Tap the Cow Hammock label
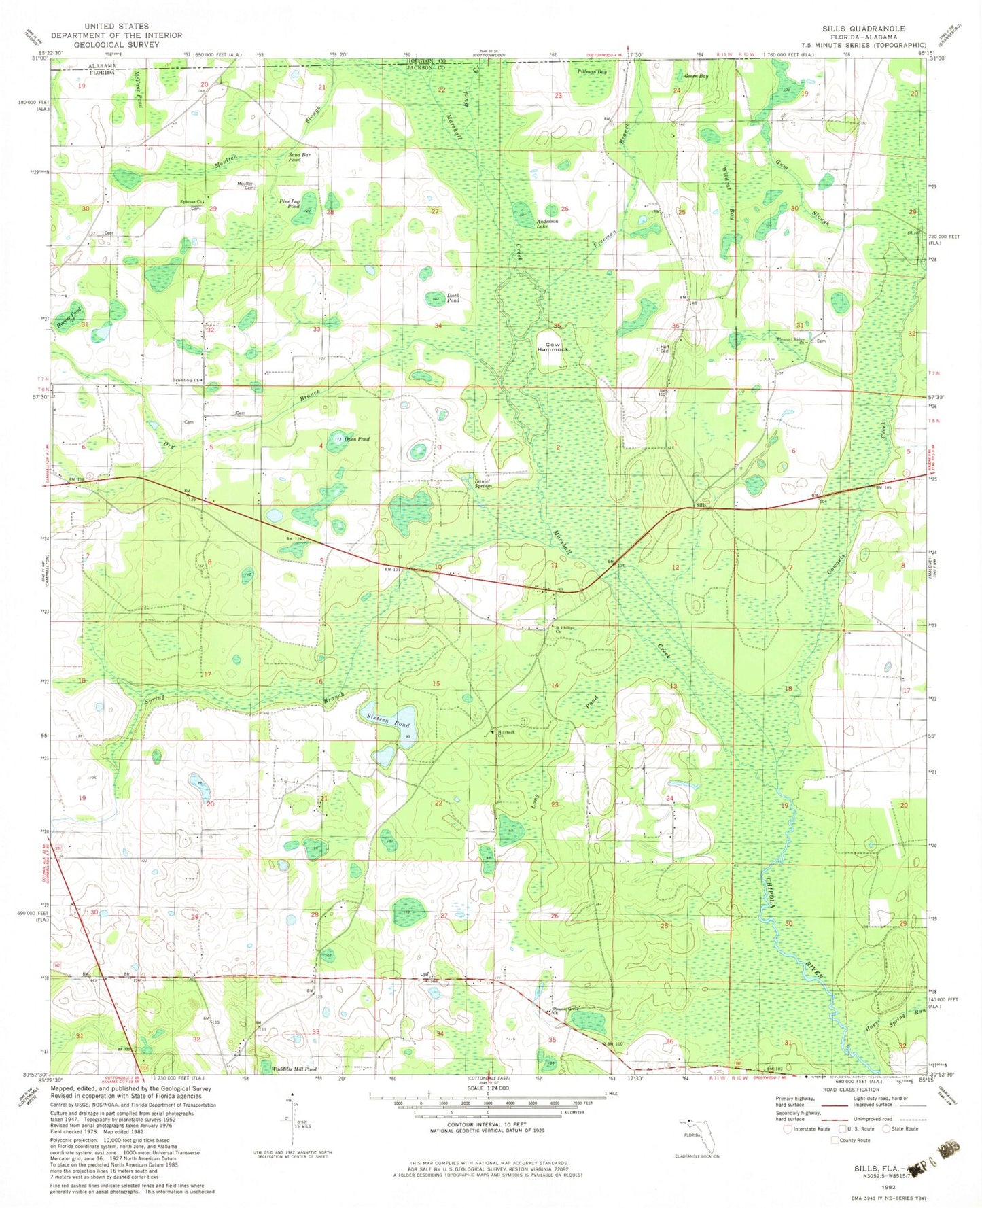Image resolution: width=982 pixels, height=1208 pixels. pyautogui.click(x=552, y=346)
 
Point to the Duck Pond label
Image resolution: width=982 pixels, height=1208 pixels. pyautogui.click(x=453, y=298)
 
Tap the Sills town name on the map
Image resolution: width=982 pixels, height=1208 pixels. pyautogui.click(x=701, y=506)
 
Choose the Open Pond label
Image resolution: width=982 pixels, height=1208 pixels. pyautogui.click(x=357, y=439)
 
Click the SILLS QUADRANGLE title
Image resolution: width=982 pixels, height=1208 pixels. pyautogui.click(x=863, y=29)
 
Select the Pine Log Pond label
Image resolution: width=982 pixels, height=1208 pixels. pyautogui.click(x=290, y=203)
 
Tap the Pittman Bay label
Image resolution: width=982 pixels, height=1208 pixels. pyautogui.click(x=592, y=71)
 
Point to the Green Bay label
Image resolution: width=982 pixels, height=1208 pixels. pyautogui.click(x=696, y=76)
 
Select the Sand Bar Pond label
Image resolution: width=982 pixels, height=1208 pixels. pyautogui.click(x=299, y=157)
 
